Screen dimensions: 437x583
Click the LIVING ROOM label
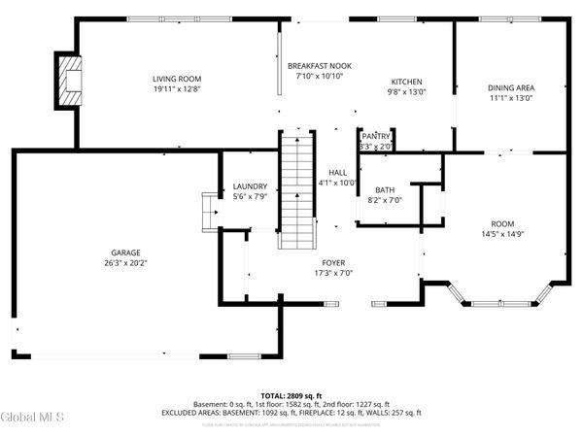tap(176, 79)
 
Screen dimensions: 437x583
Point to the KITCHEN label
tap(406, 82)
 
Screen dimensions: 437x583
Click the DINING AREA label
tap(511, 87)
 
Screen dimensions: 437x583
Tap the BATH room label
tap(385, 190)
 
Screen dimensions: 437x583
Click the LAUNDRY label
tap(250, 186)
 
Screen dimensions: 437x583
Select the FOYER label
tap(333, 262)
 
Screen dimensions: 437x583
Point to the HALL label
tap(337, 172)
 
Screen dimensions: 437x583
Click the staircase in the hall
tap(296, 189)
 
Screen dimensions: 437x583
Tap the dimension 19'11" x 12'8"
tap(176, 89)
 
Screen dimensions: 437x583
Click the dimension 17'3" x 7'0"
tap(333, 273)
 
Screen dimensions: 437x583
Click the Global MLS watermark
tap(33, 419)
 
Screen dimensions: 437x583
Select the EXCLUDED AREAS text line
tap(291, 412)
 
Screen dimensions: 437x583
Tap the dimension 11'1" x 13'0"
tap(511, 98)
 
